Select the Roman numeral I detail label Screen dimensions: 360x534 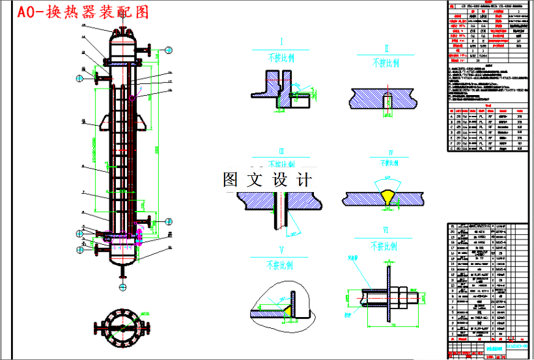tap(281, 45)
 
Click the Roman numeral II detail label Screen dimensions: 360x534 tap(386, 49)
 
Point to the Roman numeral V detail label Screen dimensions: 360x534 tap(281, 250)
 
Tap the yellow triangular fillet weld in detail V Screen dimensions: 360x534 tap(287, 313)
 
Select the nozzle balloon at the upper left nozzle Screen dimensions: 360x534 tap(79, 79)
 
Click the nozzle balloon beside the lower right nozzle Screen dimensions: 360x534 tap(168, 221)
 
